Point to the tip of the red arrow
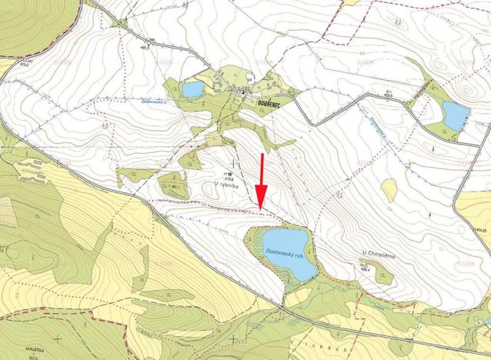tap(260, 208)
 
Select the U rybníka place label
tap(228, 186)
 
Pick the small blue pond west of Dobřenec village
tap(192, 89)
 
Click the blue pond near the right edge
tap(455, 116)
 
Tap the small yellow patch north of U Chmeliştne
tap(389, 189)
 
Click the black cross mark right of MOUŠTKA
tap(58, 338)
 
